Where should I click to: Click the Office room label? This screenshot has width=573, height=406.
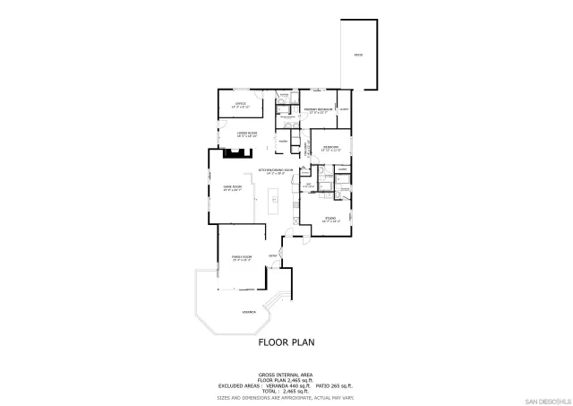(240, 105)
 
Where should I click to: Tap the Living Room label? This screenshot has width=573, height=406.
(247, 134)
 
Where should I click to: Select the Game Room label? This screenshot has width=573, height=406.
(232, 187)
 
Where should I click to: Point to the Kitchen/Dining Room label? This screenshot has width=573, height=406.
(278, 170)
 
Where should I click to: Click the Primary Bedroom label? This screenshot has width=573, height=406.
(318, 110)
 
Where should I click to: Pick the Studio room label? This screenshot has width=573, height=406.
(329, 218)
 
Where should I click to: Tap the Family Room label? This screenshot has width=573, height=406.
(241, 257)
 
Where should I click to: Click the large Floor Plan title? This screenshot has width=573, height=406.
(286, 342)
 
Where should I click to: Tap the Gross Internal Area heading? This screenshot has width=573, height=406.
(286, 373)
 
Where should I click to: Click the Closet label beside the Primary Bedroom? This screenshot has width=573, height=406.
(344, 110)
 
